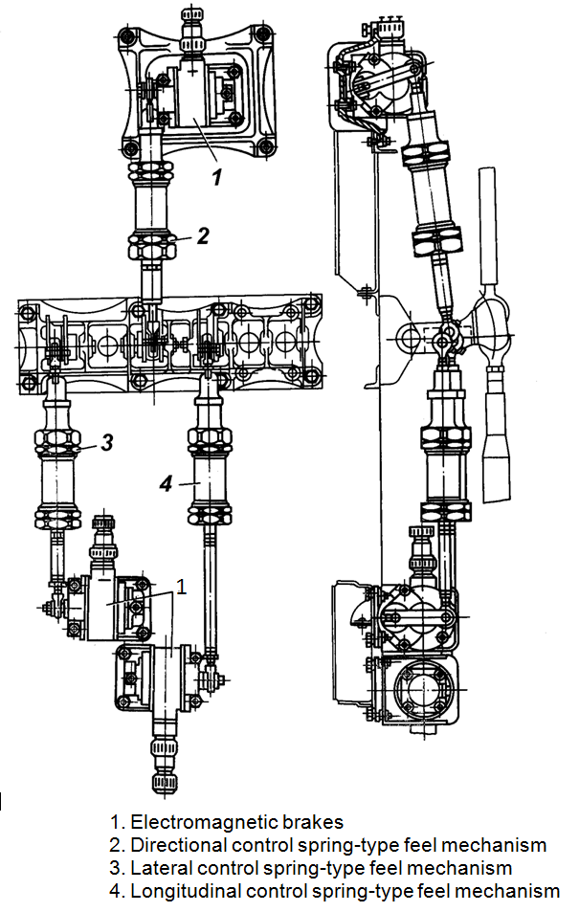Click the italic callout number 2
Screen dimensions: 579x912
(203, 236)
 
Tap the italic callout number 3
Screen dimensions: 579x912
(106, 443)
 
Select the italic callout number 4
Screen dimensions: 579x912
(167, 483)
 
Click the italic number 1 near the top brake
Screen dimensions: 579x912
(217, 177)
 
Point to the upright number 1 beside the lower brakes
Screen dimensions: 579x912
(182, 587)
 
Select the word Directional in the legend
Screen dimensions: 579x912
(179, 844)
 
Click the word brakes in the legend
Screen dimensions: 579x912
(313, 822)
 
